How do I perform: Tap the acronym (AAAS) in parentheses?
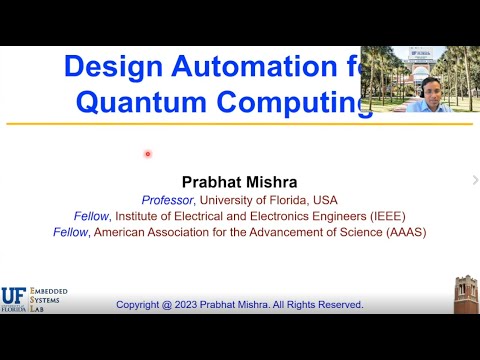point(402,232)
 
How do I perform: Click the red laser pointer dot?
point(147,153)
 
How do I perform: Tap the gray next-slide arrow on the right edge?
point(474,180)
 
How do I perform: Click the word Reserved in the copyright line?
point(339,304)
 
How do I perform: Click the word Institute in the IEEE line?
point(135,215)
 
